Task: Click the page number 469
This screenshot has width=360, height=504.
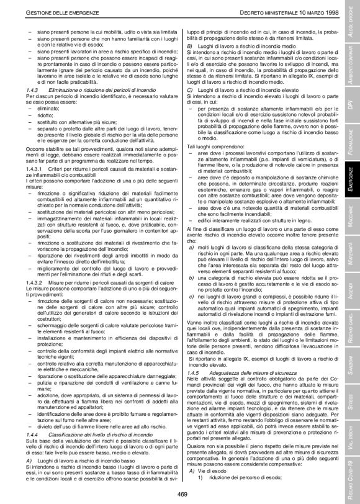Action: (x=182, y=493)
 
